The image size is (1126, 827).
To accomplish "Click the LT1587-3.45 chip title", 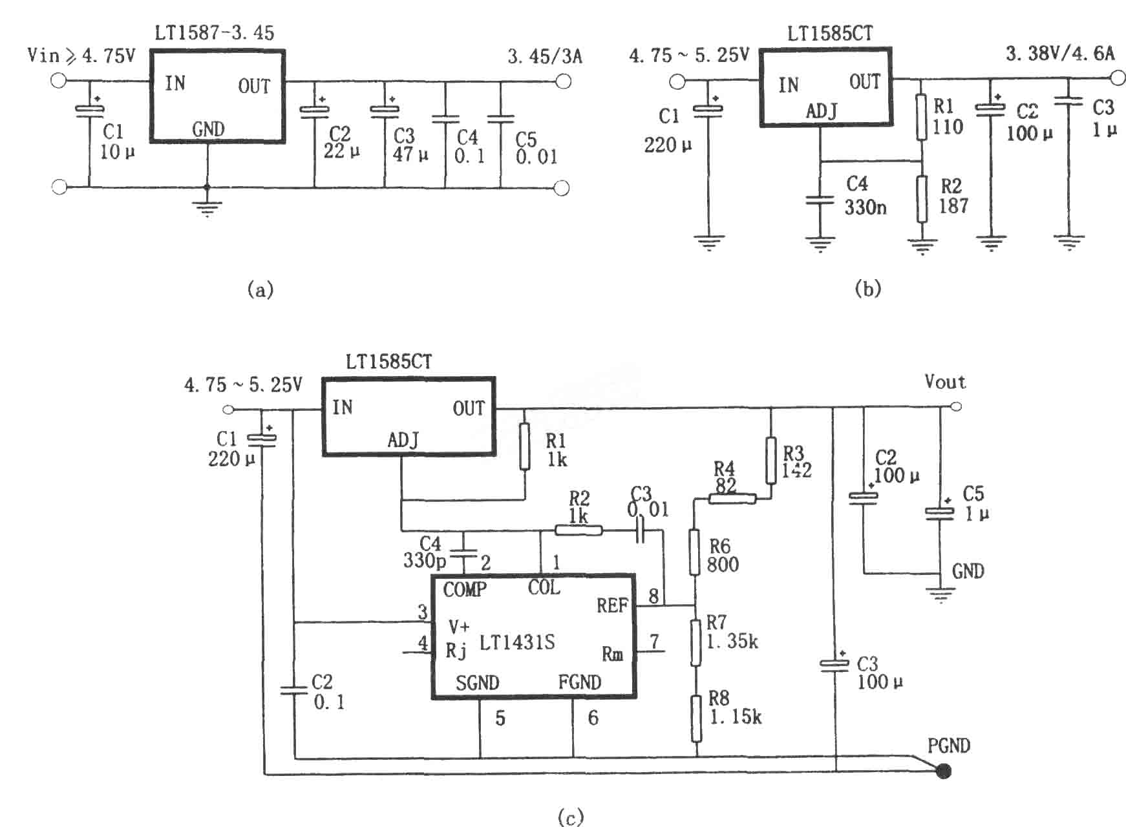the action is click(x=214, y=32).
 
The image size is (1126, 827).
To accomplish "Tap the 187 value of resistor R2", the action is click(x=953, y=207).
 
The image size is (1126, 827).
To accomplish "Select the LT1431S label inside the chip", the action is click(x=517, y=642).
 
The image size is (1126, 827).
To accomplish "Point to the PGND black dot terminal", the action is click(x=944, y=771).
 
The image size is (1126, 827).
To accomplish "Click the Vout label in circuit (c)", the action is click(x=945, y=382).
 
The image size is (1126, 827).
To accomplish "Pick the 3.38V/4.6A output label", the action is click(x=1060, y=54).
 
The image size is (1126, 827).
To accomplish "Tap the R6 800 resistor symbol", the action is click(x=694, y=552).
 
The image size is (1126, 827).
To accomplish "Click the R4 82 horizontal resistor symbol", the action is click(x=732, y=499).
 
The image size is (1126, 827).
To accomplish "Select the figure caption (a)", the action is click(x=260, y=289).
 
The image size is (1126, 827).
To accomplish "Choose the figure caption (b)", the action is click(x=867, y=289).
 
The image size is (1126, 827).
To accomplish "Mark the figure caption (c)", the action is click(x=570, y=817).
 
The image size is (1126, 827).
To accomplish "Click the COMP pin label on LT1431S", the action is click(x=465, y=589).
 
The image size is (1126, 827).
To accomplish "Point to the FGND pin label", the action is click(x=580, y=682).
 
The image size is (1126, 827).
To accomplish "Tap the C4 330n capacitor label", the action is click(x=866, y=196).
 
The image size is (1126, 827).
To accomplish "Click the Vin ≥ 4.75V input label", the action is click(x=81, y=56).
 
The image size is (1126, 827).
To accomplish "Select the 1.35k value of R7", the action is click(x=732, y=642).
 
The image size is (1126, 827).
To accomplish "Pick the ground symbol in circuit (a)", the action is click(x=207, y=209).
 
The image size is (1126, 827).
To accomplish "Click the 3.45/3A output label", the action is click(x=545, y=57).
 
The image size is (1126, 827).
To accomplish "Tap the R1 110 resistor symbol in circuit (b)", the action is click(x=922, y=118).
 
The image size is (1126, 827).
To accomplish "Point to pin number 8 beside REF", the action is click(x=653, y=595).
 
